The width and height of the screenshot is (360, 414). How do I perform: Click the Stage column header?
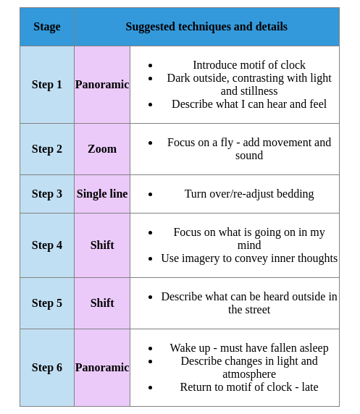tap(47, 27)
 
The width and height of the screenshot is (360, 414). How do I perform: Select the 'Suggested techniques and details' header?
tap(206, 27)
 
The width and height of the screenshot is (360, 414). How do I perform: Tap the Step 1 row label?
tap(47, 85)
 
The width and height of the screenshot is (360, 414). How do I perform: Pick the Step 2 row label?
tap(47, 149)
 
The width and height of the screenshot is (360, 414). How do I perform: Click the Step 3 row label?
tap(47, 194)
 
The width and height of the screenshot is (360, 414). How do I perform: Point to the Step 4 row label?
tap(47, 245)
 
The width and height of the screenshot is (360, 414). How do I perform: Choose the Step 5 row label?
tap(47, 303)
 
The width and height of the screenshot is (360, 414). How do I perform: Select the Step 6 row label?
tap(47, 368)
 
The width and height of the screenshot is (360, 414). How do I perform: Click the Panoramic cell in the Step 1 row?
tap(102, 85)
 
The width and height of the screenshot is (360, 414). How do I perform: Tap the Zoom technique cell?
tap(102, 149)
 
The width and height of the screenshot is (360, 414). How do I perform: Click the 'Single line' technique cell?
tap(102, 194)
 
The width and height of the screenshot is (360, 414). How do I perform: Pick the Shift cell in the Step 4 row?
tap(102, 245)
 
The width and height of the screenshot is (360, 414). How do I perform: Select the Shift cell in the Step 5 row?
tap(102, 303)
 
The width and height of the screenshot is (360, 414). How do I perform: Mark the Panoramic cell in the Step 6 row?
tap(102, 368)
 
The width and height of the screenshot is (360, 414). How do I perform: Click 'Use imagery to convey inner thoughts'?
tap(249, 258)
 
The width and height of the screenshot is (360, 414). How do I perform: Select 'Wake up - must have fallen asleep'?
tap(249, 348)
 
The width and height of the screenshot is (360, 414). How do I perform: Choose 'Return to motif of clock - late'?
tap(249, 387)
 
